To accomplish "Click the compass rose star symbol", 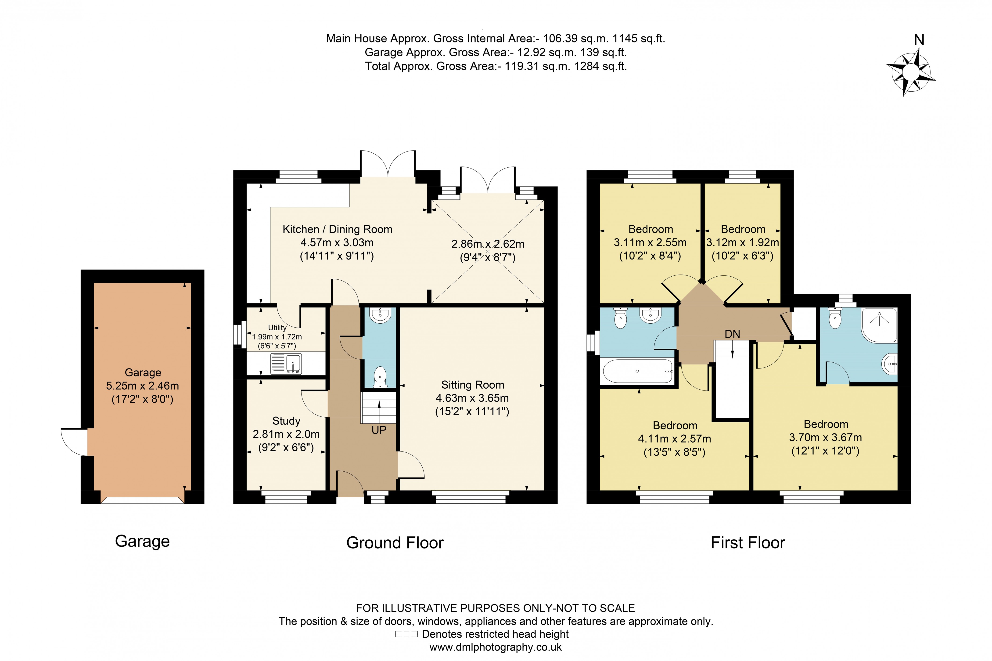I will click(910, 72).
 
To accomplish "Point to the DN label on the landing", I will click(732, 334).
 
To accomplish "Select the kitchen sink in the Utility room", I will click(286, 363).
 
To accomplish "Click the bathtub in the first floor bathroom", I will click(637, 371).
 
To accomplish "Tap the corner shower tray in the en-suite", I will click(879, 325).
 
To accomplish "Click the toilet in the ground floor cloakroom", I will click(380, 376).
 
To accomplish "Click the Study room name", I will click(286, 421).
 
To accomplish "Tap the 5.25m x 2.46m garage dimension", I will click(142, 386).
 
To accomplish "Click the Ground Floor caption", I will click(395, 542).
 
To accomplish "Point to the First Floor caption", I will click(748, 542).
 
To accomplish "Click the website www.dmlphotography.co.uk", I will click(496, 647).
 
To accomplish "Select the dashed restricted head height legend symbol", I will click(406, 634).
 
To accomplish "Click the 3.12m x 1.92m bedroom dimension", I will click(743, 242).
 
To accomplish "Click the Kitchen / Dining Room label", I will click(337, 229).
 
